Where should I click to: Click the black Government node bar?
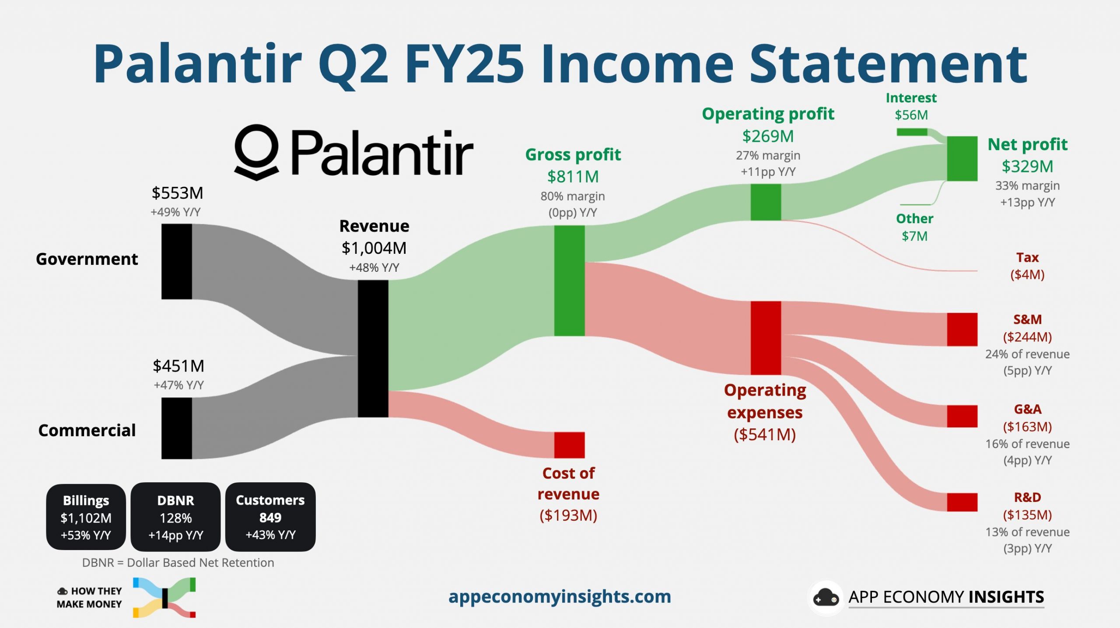point(176,261)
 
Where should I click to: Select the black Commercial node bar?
point(176,428)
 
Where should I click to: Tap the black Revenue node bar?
point(373,348)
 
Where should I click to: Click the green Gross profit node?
point(569,281)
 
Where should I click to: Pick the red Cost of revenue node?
point(569,445)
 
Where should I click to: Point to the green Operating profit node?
point(766,202)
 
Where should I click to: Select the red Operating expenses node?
point(766,337)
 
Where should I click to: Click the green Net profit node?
point(962,158)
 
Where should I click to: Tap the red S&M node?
point(962,329)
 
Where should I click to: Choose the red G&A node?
point(962,416)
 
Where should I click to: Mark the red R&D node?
point(962,502)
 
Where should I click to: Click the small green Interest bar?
point(912,132)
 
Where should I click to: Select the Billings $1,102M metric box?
point(86,517)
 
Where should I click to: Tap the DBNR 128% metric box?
point(175,517)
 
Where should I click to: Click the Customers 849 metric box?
point(270,517)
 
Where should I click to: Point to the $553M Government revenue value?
point(177,193)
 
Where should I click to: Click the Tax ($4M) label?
point(1027,266)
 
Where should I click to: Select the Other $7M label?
point(914,227)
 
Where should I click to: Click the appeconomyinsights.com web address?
point(560,596)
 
